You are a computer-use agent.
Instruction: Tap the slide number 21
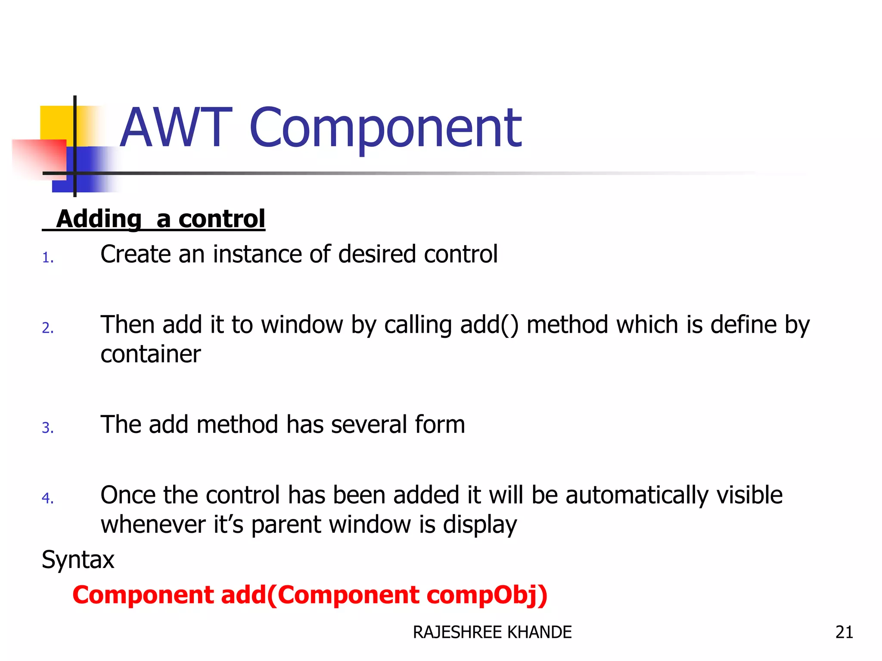(x=844, y=632)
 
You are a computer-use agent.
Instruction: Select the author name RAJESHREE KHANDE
(x=492, y=632)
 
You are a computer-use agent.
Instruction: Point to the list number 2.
(x=47, y=328)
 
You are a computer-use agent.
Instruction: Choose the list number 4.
(x=47, y=498)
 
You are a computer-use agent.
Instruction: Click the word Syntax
(x=78, y=560)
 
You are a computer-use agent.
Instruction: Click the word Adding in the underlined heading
(x=99, y=219)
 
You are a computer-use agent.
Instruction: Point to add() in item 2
(x=489, y=325)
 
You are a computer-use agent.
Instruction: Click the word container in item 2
(x=150, y=354)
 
